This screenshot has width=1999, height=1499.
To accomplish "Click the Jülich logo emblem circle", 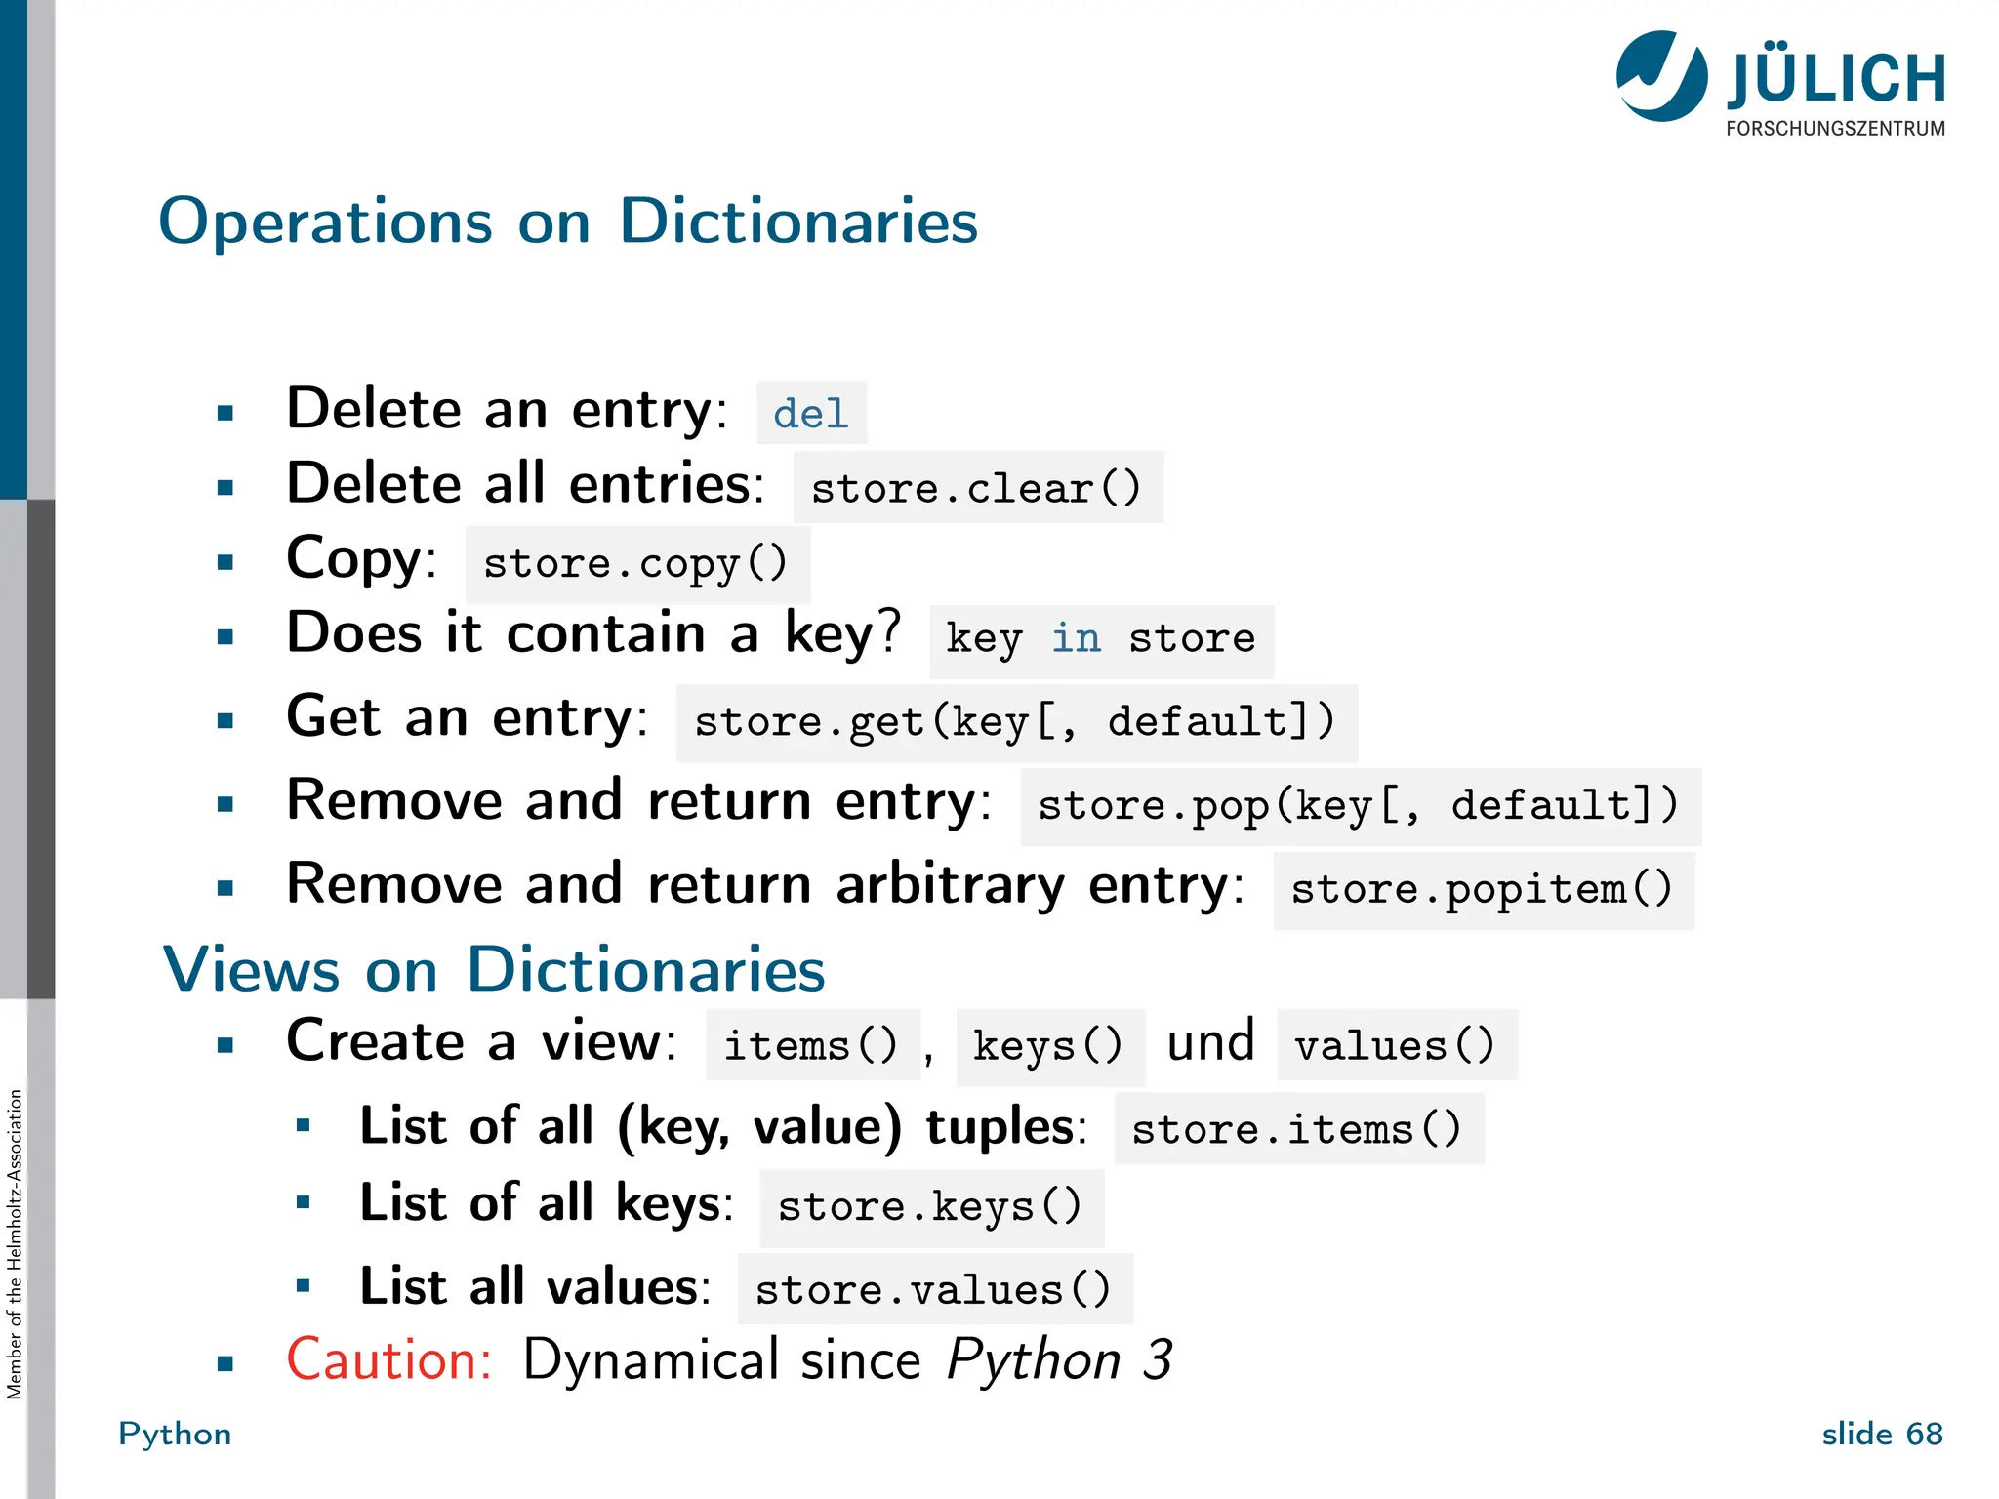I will (1661, 76).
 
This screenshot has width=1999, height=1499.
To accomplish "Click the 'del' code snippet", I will (810, 414).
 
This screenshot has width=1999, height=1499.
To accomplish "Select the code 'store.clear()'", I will (976, 488).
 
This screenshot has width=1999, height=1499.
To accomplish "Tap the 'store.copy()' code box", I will (636, 564).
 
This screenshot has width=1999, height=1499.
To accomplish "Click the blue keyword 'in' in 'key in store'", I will (1076, 639).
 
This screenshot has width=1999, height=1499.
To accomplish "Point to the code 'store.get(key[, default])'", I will (1015, 723).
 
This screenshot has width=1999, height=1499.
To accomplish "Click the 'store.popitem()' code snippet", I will (1482, 890).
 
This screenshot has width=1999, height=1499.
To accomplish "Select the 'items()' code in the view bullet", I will (811, 1046).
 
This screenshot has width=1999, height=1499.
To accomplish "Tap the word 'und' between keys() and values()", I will (1210, 1042).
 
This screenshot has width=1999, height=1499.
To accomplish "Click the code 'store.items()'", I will (1297, 1130).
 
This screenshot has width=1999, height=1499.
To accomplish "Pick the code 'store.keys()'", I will (930, 1207).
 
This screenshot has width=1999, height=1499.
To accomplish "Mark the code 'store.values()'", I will (934, 1291).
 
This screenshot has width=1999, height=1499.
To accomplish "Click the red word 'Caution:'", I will (388, 1359).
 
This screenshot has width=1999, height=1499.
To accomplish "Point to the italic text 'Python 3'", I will (1059, 1359).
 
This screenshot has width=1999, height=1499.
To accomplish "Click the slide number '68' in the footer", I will (1924, 1434).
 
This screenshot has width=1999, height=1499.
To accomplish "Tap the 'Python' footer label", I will (175, 1434).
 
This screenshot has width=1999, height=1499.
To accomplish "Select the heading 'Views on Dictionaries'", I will (494, 970).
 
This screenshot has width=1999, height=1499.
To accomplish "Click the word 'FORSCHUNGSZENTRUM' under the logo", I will (1835, 129).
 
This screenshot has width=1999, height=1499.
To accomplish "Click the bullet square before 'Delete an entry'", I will (225, 413).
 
